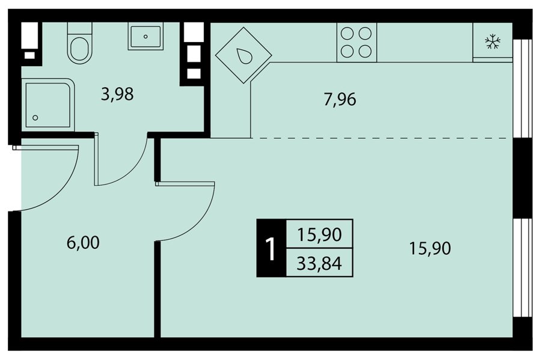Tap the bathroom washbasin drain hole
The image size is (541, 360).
145,36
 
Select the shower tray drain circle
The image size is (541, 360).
35,118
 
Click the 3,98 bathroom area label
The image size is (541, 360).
117,94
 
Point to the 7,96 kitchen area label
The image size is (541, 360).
340,100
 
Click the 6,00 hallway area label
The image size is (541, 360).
83,243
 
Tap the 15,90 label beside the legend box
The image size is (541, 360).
430,248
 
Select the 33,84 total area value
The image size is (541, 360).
319,264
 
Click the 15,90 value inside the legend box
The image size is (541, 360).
319,234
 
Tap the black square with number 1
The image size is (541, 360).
271,248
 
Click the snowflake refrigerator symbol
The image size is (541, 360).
493,41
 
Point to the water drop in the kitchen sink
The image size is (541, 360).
243,56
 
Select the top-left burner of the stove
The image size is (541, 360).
347,34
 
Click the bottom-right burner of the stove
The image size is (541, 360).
365,51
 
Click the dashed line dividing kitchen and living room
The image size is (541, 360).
379,138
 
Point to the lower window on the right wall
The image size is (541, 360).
522,267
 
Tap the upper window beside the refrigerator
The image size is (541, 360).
522,88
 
